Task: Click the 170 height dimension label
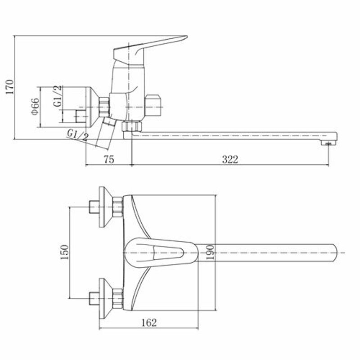(9, 87)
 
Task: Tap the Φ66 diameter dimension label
(36, 107)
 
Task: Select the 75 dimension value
(109, 159)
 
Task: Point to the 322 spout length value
(230, 159)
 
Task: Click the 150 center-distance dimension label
(64, 252)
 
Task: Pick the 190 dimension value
(210, 252)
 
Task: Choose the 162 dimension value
(149, 323)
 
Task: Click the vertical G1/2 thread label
(58, 96)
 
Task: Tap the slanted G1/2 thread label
(78, 135)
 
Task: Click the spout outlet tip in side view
(328, 144)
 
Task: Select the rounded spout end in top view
(334, 253)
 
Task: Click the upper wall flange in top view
(105, 207)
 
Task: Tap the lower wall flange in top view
(105, 298)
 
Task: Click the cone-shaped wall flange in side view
(92, 107)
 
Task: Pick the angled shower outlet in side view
(105, 132)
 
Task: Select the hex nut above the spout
(132, 126)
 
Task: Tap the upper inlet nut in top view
(117, 207)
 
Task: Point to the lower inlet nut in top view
(117, 298)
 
